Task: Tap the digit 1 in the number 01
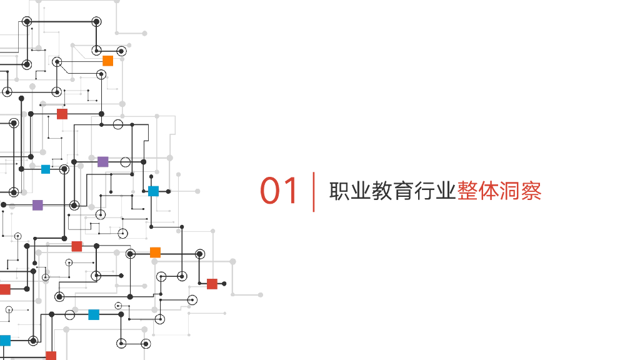pos(292,191)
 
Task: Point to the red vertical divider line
pos(314,192)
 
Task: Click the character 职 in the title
pos(340,191)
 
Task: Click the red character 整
pos(467,191)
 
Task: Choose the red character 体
pos(489,191)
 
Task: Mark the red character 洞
pos(510,191)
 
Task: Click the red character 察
pos(531,191)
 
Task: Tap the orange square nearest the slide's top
pos(107,61)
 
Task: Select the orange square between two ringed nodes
pos(155,252)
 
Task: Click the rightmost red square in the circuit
pos(212,284)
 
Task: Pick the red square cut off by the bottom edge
pos(51,356)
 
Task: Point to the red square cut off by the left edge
pos(4,289)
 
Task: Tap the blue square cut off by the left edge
pos(4,341)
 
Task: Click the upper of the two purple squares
pos(102,162)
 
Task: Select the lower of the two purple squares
pos(37,205)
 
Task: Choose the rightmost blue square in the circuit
pos(153,191)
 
